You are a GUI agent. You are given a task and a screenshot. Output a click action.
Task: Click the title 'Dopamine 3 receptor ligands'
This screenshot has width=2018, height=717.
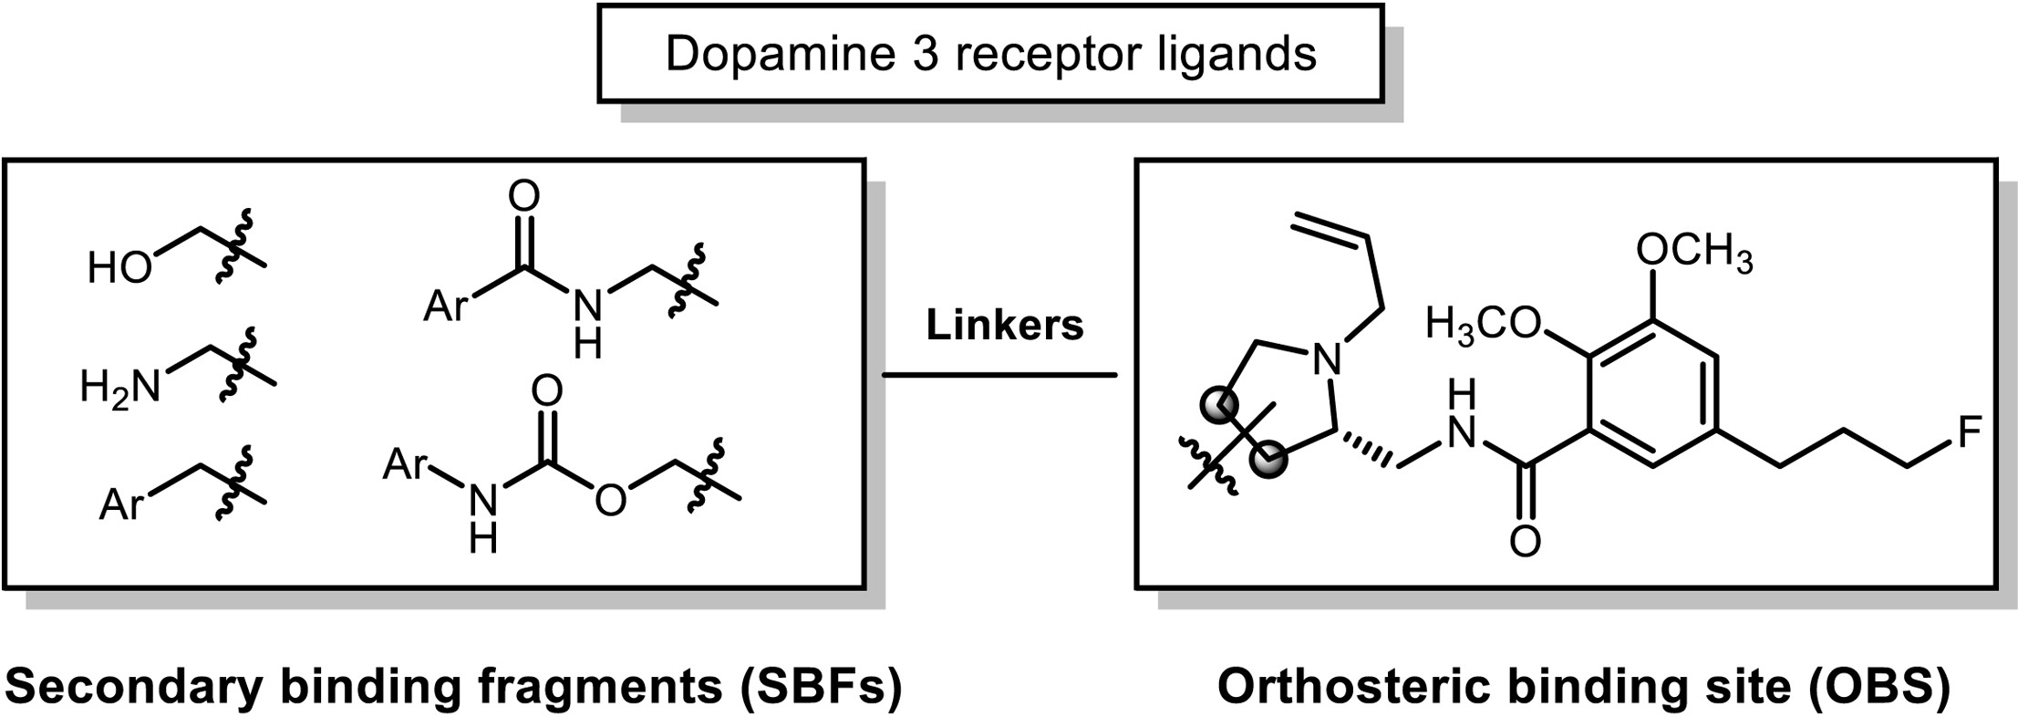click(x=991, y=55)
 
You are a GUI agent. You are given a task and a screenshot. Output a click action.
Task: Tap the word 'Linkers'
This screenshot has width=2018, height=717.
click(x=1005, y=326)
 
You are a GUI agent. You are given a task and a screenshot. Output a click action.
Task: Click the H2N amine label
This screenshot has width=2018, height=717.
click(x=119, y=387)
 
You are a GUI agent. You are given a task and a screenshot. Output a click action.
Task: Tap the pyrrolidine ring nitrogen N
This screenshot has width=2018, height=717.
click(x=1328, y=358)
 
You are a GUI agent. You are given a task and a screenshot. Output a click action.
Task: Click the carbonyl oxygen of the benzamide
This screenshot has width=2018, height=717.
click(x=1525, y=541)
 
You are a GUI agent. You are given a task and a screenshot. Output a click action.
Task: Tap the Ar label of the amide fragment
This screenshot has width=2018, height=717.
click(x=446, y=306)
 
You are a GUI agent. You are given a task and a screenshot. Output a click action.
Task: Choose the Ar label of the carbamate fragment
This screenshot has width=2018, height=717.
click(x=405, y=464)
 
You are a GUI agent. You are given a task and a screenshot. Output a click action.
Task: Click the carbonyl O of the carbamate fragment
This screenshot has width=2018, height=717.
click(x=546, y=391)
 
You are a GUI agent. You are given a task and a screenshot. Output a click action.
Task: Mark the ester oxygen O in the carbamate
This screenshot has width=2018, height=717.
click(x=610, y=500)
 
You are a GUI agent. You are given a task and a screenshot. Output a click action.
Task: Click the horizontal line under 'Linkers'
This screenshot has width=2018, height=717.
click(x=999, y=374)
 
